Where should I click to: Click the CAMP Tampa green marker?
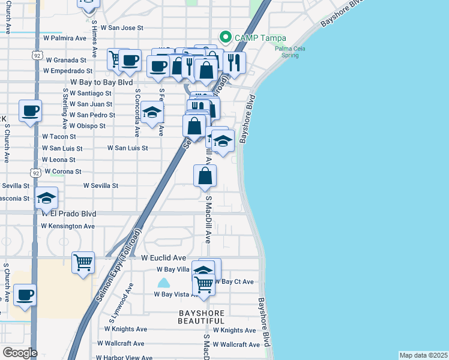click(x=226, y=37)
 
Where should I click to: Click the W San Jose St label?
click(x=122, y=28)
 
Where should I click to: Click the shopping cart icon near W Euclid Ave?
click(x=83, y=262)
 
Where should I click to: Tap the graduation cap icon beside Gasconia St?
click(x=46, y=199)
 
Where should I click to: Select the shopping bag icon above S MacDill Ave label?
click(x=205, y=175)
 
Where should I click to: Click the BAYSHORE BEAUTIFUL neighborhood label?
click(x=201, y=317)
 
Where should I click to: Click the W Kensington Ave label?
click(x=68, y=226)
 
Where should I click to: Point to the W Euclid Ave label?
click(x=164, y=257)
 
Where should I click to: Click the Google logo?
click(x=20, y=353)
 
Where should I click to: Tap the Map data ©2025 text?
click(x=423, y=355)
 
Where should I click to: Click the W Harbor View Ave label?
click(x=128, y=358)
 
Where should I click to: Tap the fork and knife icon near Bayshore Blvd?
click(x=234, y=62)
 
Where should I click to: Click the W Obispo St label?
click(x=87, y=126)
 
